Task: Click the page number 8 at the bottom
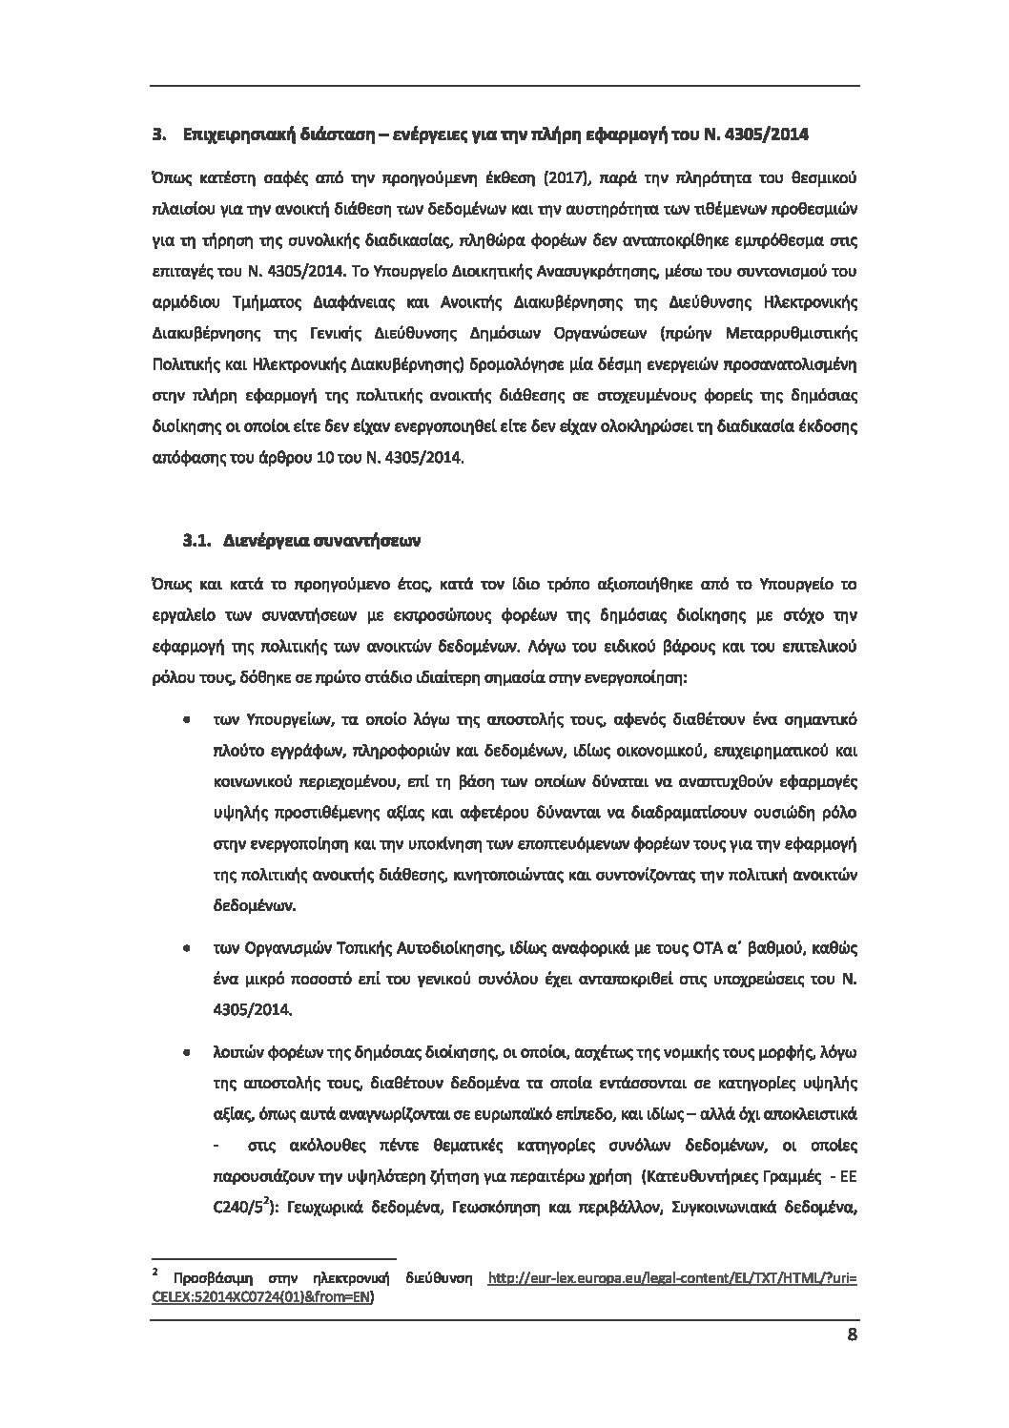pyautogui.click(x=852, y=1335)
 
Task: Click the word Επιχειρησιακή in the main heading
pyautogui.click(x=231, y=135)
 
